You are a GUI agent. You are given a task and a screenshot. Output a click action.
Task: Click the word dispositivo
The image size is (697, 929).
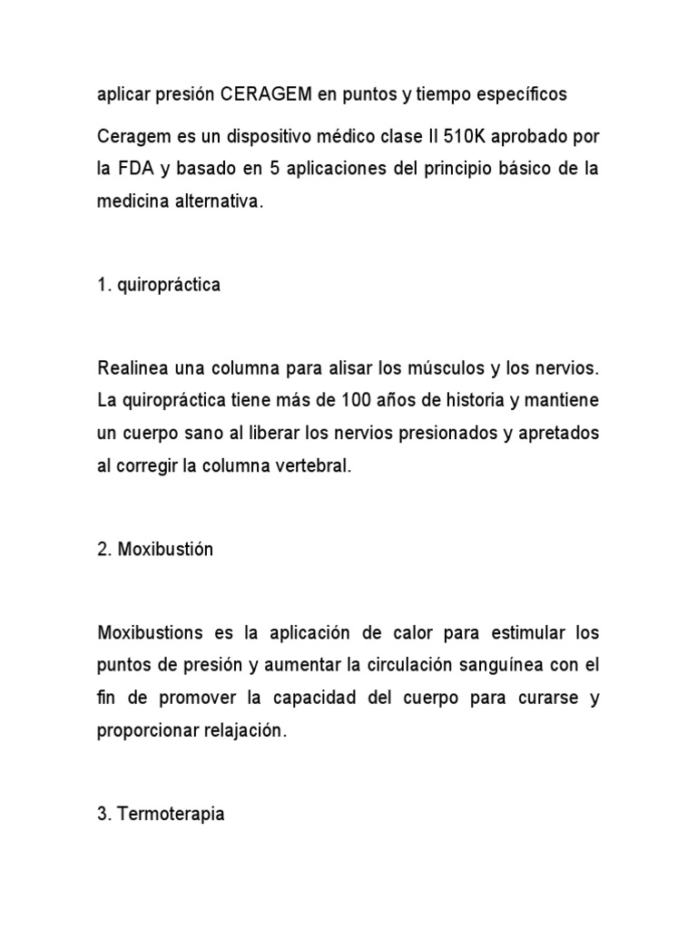tap(245, 136)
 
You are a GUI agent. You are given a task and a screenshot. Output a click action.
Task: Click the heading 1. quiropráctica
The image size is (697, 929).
tap(158, 285)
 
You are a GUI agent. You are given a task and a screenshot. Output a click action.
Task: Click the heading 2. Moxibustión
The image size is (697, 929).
tap(154, 550)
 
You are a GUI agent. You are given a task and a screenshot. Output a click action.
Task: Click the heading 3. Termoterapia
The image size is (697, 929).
tap(161, 814)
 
